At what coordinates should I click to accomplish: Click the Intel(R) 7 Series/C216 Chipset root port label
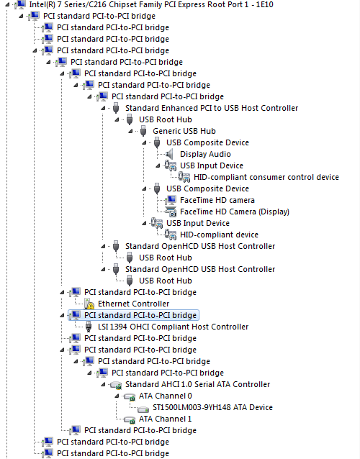(x=151, y=5)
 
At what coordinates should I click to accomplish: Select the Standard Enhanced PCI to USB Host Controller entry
(x=212, y=108)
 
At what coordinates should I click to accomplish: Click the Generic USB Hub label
(x=184, y=131)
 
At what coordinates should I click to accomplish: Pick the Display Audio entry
(x=205, y=154)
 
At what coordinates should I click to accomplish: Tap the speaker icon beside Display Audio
(x=170, y=154)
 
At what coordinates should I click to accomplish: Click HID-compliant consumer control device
(x=266, y=177)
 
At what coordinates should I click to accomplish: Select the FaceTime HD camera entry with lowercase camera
(x=217, y=200)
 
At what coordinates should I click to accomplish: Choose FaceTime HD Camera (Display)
(x=235, y=212)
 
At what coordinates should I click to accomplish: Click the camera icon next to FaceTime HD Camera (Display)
(x=171, y=212)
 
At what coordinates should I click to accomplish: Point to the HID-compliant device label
(x=219, y=235)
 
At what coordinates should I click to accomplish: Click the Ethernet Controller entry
(x=134, y=304)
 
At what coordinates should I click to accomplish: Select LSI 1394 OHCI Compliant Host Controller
(x=173, y=327)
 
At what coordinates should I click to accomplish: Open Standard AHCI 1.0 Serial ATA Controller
(x=198, y=384)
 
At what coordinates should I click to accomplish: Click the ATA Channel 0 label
(x=166, y=396)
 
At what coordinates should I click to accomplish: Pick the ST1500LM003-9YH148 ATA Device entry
(x=212, y=407)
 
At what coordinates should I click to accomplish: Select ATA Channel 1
(x=166, y=419)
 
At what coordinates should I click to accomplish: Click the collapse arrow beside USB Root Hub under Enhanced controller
(x=117, y=119)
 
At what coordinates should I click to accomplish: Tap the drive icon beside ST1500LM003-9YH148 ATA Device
(x=143, y=409)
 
